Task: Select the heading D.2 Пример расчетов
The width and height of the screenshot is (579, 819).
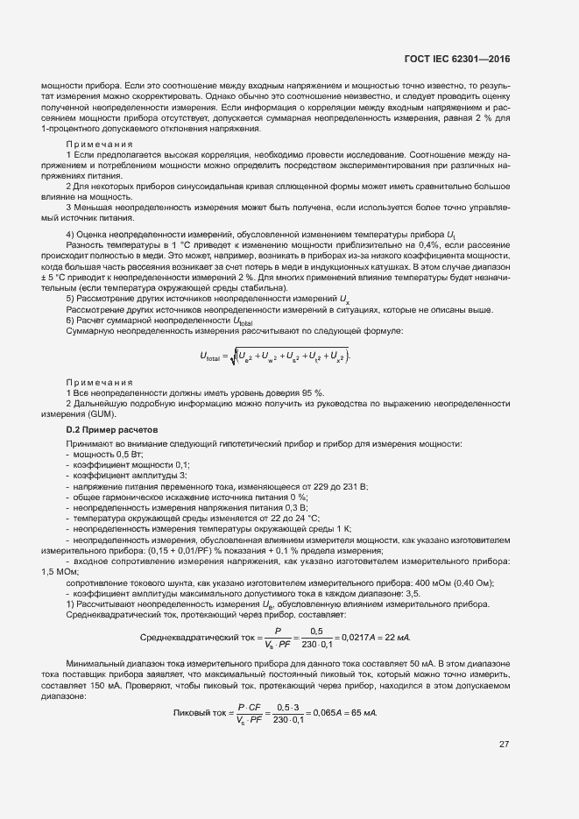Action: [x=111, y=431]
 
